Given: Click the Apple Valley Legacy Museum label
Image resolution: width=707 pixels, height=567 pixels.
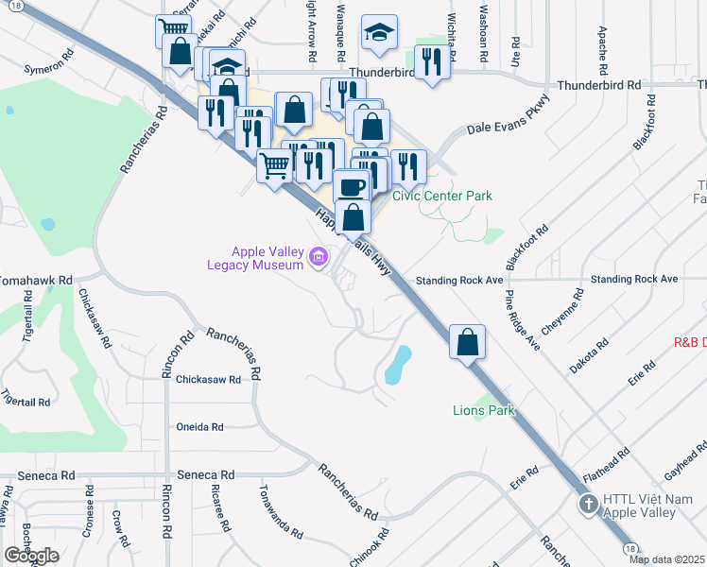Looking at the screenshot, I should [268, 258].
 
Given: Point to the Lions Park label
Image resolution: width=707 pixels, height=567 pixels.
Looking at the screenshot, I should [482, 411].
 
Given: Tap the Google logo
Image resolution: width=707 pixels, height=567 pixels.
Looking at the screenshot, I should [31, 556].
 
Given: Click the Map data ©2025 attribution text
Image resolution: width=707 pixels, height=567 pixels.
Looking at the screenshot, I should [666, 559].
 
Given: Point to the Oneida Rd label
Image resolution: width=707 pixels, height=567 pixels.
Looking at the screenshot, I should [199, 427].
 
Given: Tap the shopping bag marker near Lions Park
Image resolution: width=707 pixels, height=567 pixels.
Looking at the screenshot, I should [467, 341].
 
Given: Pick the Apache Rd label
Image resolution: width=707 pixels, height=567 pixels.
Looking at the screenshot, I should [602, 52].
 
